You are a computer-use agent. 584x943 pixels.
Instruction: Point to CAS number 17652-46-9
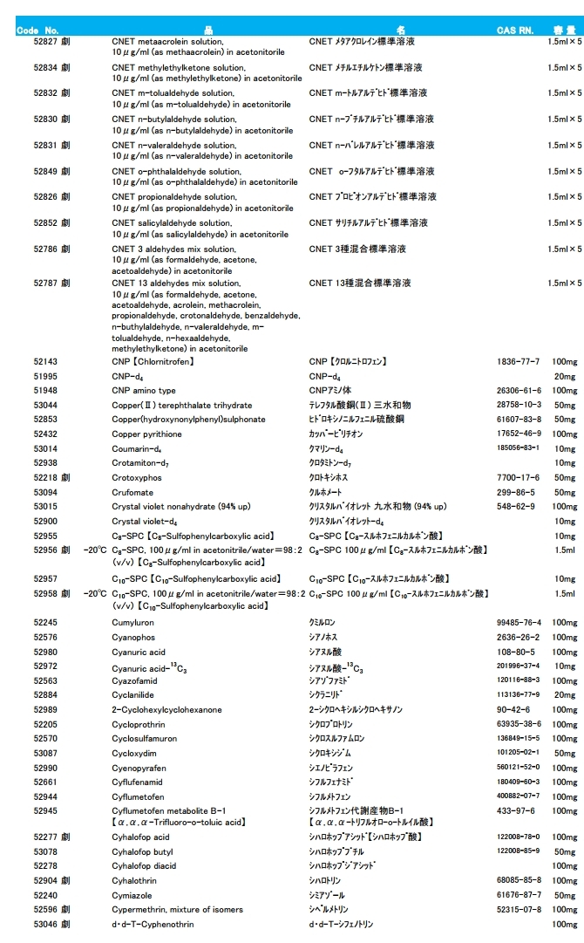click(x=519, y=434)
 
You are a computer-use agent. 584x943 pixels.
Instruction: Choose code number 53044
click(x=45, y=406)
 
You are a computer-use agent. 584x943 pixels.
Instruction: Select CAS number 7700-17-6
click(x=519, y=478)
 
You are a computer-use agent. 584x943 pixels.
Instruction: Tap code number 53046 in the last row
click(x=45, y=925)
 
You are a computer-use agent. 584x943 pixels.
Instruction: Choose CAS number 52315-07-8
click(x=519, y=910)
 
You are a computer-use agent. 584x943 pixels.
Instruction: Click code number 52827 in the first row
click(x=45, y=42)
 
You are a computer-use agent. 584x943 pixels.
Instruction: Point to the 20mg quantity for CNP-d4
click(x=565, y=377)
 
